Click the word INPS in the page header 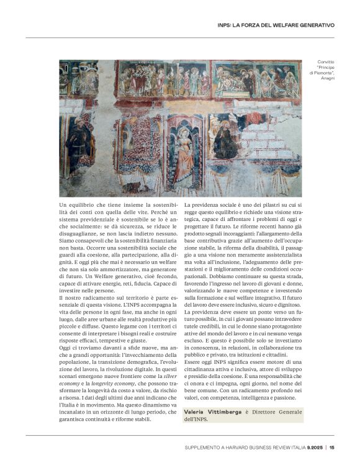click(225, 25)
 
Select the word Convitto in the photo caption click(325, 62)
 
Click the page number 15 click(332, 447)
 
